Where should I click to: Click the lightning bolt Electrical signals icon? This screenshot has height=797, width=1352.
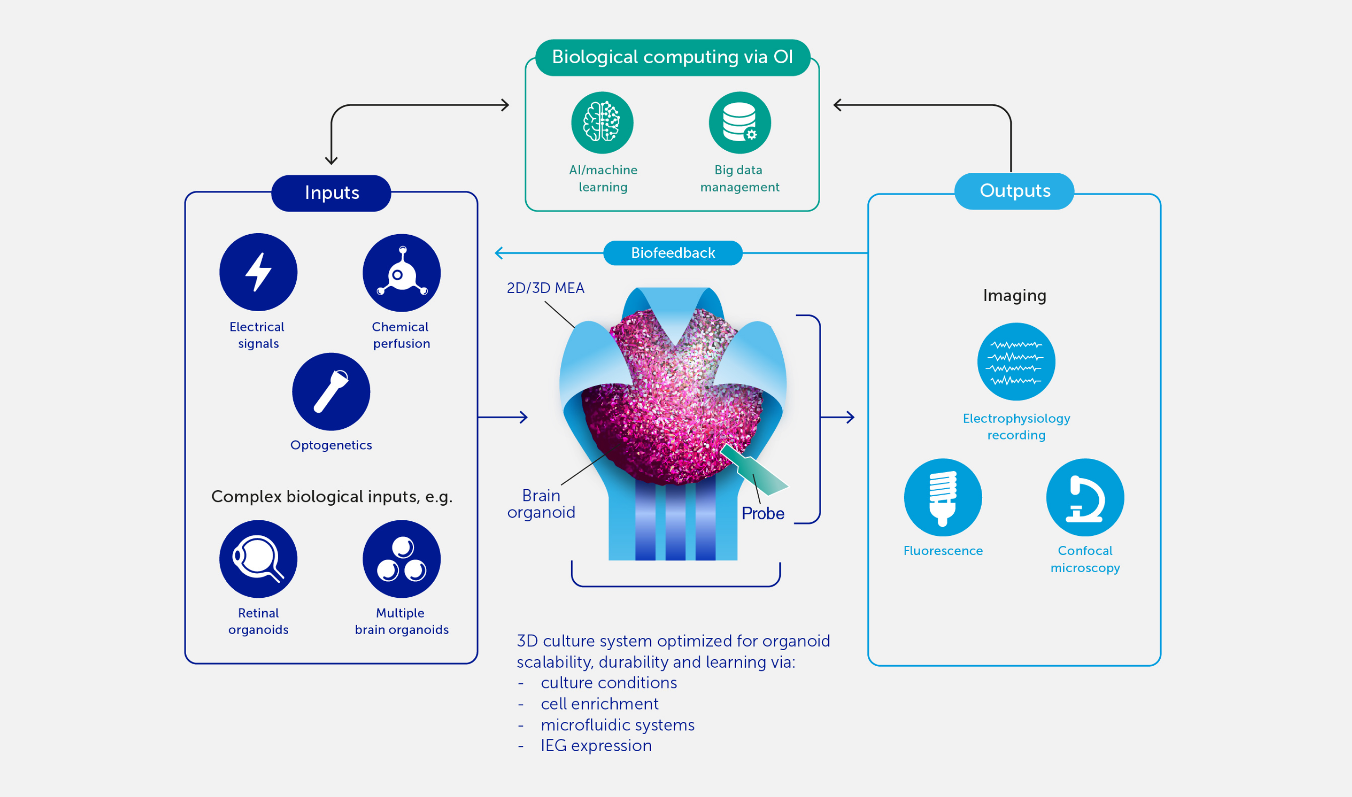[258, 272]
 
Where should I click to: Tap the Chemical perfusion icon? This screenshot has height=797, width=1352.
[402, 272]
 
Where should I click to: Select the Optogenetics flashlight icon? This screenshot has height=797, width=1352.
[331, 391]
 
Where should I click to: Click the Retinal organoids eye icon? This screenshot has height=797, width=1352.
[258, 559]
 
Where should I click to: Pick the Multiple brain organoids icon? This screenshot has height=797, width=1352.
[402, 559]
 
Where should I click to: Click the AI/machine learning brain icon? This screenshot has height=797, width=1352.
[602, 123]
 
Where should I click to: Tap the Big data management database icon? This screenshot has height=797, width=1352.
[739, 123]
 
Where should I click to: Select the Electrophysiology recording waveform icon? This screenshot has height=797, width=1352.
[1016, 362]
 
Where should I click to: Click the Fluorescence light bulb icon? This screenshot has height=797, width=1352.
[942, 497]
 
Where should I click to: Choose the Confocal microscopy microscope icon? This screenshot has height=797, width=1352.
[1085, 497]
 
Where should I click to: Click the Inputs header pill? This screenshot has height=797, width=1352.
[331, 193]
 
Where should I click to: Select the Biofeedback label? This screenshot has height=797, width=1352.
[673, 253]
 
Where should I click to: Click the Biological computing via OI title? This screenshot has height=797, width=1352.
[672, 58]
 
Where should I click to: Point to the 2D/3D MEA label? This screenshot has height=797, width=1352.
[546, 288]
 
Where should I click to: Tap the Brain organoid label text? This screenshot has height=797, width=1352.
[541, 504]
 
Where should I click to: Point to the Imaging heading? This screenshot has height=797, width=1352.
[1014, 296]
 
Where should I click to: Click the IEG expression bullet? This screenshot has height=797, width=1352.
[596, 746]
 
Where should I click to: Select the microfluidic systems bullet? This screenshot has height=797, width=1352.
[617, 725]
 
